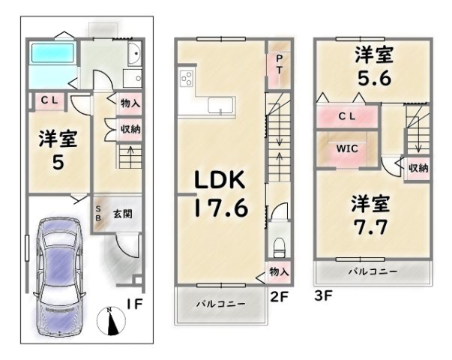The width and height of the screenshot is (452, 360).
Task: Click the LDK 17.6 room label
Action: pyautogui.click(x=221, y=193)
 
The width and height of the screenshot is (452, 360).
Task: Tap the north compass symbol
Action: pyautogui.click(x=111, y=321)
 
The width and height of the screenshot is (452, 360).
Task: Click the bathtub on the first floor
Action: pyautogui.click(x=52, y=53)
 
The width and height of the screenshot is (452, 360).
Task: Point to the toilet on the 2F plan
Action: pyautogui.click(x=279, y=247)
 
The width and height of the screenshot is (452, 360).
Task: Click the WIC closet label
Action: pyautogui.click(x=347, y=148)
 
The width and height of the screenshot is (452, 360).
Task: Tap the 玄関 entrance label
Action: pyautogui.click(x=123, y=214)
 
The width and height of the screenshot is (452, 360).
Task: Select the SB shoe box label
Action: pyautogui.click(x=98, y=214)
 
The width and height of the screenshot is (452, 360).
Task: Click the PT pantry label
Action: pyautogui.click(x=279, y=64)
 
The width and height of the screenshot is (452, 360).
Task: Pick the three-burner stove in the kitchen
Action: pyautogui.click(x=187, y=78)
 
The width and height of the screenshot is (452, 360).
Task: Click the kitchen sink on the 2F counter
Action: pyautogui.click(x=220, y=105)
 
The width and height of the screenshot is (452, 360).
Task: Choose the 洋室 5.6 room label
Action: pyautogui.click(x=374, y=66)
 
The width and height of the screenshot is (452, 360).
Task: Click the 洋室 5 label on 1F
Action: pyautogui.click(x=58, y=150)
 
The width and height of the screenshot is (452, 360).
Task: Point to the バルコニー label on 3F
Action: pyautogui.click(x=373, y=271)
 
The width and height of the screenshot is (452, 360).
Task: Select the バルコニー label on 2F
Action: pyautogui.click(x=221, y=304)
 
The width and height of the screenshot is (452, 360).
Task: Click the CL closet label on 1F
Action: pyautogui.click(x=49, y=100)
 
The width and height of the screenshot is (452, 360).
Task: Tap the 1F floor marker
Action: pyautogui.click(x=135, y=304)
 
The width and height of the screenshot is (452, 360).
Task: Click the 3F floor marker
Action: pyautogui.click(x=323, y=295)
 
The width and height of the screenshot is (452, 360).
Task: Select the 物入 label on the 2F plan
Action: pyautogui.click(x=279, y=271)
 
